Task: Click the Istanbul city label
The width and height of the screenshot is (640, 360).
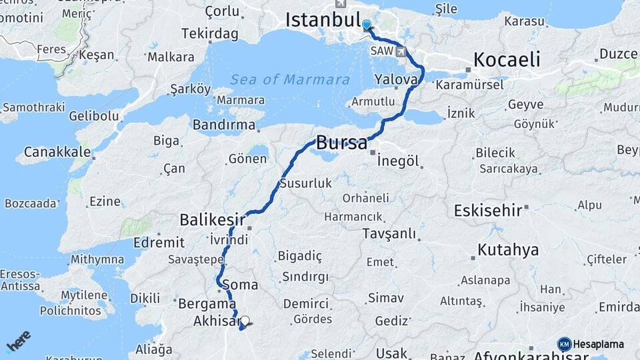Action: click(323, 20)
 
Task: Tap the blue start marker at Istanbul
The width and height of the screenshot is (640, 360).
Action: click(366, 25)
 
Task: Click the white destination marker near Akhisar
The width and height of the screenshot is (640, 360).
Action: click(245, 321)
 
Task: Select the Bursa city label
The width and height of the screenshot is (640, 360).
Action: click(341, 143)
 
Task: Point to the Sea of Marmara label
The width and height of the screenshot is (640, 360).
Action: click(290, 80)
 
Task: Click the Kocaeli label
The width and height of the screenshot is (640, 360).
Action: click(507, 60)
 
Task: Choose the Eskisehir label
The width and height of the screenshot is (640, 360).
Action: click(487, 211)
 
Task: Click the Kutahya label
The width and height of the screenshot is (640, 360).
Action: click(508, 251)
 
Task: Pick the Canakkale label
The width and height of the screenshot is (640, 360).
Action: click(57, 152)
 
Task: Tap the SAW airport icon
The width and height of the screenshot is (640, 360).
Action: click(401, 51)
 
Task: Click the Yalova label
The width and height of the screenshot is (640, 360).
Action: click(396, 79)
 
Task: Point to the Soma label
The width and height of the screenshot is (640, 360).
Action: click(239, 285)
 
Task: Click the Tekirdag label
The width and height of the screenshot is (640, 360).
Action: click(211, 34)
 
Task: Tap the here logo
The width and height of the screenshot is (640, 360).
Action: click(18, 341)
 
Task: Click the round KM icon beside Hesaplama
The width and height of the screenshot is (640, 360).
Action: click(564, 344)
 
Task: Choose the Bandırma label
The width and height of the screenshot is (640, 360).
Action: click(224, 125)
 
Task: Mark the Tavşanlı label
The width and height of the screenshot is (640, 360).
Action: click(389, 234)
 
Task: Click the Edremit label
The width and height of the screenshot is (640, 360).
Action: click(159, 243)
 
